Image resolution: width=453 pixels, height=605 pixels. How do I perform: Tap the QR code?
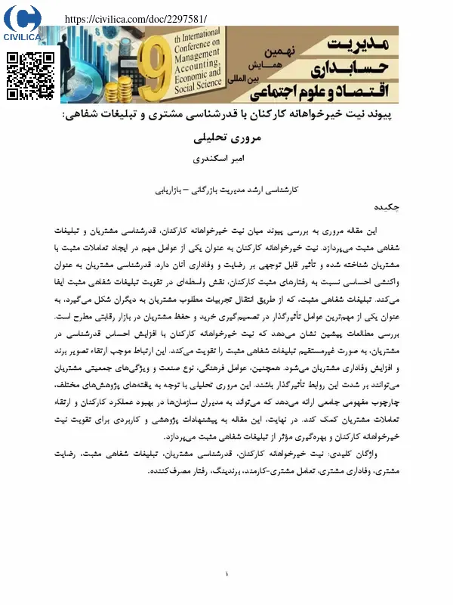click(x=31, y=76)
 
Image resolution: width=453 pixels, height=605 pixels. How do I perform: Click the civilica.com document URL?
click(x=136, y=19)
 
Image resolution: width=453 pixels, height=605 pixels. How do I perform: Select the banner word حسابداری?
click(x=355, y=67)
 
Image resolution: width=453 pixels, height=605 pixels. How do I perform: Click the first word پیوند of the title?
click(x=379, y=117)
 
